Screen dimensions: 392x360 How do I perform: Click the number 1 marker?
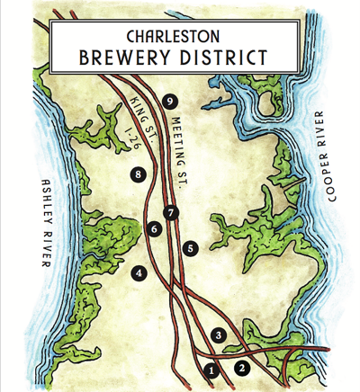pos(212,369)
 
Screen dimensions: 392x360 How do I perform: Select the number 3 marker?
pos(218,335)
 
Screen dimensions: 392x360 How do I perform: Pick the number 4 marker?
pos(139,272)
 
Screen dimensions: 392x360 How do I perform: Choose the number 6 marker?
pos(155,230)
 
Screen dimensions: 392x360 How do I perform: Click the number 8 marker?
pos(137,174)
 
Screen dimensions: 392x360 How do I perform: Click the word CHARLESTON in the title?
pos(180,39)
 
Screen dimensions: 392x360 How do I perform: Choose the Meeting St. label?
pos(174,147)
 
